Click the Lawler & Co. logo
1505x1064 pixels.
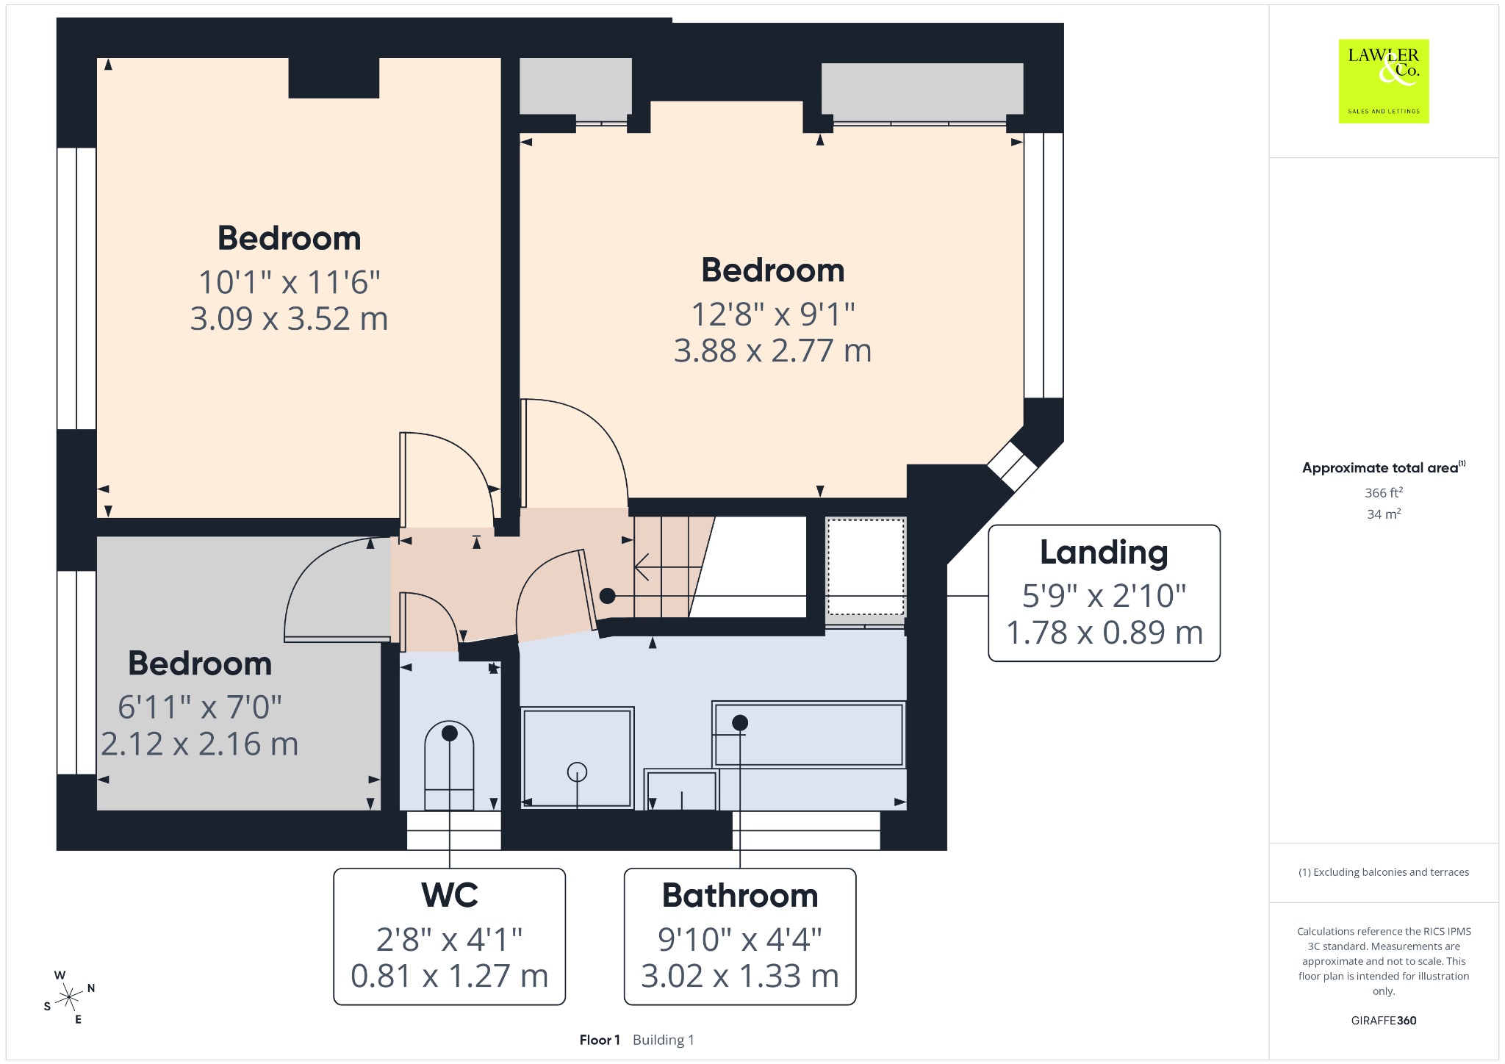[x=1384, y=81]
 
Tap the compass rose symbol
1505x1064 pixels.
[x=69, y=997]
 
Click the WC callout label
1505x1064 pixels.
[x=450, y=936]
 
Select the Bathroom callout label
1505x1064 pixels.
[x=740, y=936]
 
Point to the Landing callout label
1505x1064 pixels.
[x=1104, y=593]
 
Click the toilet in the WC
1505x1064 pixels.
[x=449, y=765]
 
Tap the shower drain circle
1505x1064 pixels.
[x=577, y=772]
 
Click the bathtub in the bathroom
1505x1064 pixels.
[x=808, y=735]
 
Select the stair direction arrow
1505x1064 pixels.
[x=668, y=567]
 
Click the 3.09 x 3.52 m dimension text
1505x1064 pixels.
[x=289, y=319]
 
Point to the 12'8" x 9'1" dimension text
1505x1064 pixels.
[x=773, y=314]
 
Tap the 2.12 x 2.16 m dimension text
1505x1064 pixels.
[x=200, y=744]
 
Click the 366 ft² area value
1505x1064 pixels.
[x=1384, y=493]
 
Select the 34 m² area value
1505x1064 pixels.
[x=1384, y=514]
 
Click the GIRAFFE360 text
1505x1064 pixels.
[x=1384, y=1021]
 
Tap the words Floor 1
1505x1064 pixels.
[x=600, y=1040]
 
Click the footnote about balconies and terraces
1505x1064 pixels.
[x=1384, y=872]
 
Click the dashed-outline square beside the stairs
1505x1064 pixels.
[x=866, y=567]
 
